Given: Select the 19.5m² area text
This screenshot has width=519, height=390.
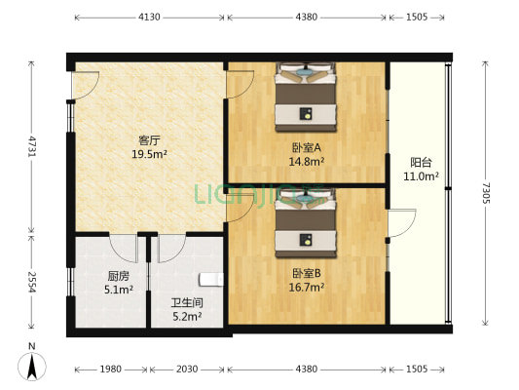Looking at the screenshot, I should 148,153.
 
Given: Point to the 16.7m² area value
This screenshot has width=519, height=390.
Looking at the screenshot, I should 307,288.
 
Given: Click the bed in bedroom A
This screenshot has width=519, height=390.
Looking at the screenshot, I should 307,97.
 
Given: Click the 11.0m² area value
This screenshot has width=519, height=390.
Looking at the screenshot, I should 422,177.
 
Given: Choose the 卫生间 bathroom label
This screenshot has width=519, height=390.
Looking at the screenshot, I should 186,302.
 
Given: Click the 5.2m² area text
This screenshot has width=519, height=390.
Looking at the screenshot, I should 186,316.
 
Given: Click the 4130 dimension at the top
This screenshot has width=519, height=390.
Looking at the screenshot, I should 149,17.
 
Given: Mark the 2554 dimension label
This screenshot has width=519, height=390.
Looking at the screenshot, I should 32,285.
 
